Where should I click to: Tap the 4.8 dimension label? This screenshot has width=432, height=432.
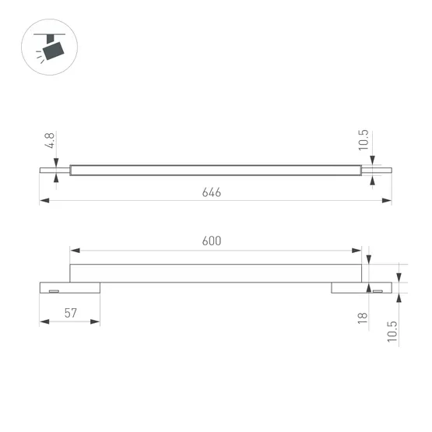point(51,142)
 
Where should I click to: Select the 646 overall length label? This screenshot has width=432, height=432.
point(212,191)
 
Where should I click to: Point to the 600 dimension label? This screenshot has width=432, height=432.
point(212,241)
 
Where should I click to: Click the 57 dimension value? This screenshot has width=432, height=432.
point(70,313)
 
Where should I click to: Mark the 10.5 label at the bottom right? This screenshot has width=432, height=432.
point(392,330)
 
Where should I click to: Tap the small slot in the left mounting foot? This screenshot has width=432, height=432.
point(54,291)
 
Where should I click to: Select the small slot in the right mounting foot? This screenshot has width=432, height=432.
point(377,291)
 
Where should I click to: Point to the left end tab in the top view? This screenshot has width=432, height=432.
point(54,169)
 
